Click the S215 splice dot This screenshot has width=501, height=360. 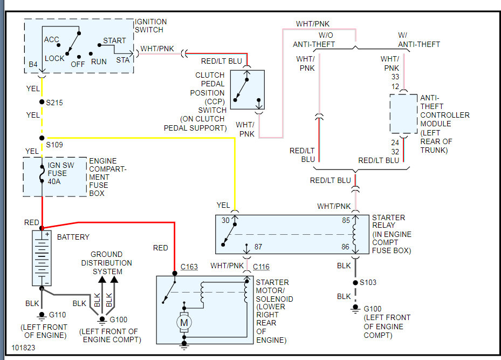point(42,102)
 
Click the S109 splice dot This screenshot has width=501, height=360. point(42,138)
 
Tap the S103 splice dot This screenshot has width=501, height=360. point(355,283)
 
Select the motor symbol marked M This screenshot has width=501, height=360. point(184,322)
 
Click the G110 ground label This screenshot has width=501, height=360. point(57,315)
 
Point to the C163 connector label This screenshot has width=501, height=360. point(189,267)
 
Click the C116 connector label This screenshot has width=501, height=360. point(261,267)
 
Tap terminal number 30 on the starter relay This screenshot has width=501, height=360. point(225,220)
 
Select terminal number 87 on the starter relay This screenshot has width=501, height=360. point(258,247)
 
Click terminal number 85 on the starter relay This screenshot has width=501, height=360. point(346,220)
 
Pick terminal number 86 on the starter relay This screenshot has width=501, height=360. point(345,247)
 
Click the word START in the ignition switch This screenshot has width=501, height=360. point(114,40)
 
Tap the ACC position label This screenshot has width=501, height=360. point(51,39)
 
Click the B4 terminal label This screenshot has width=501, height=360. point(33,64)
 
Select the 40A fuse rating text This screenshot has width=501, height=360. point(54,181)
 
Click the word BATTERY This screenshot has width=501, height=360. point(73,237)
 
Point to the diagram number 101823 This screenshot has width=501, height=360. point(23,348)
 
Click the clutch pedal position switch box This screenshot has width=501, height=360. point(248,90)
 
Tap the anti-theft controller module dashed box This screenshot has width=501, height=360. point(403,113)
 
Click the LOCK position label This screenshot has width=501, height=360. point(54,58)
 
